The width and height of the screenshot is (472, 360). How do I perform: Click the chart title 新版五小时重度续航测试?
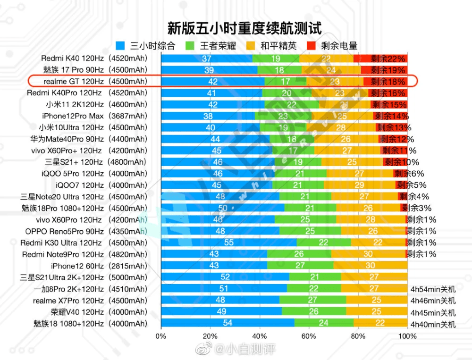pyautogui.click(x=244, y=28)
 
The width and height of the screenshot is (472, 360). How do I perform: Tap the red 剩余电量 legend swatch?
pyautogui.click(x=312, y=46)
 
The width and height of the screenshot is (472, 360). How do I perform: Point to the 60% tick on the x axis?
pyautogui.click(x=309, y=336)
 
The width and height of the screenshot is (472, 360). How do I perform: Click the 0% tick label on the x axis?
pyautogui.click(x=161, y=336)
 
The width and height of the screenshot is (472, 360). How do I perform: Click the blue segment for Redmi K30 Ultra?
pyautogui.click(x=228, y=243)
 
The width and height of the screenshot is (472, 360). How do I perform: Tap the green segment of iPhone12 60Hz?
pyautogui.click(x=300, y=266)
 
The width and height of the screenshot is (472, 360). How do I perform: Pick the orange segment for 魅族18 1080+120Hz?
pyautogui.click(x=380, y=323)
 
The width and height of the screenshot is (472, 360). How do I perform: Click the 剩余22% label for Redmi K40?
pyautogui.click(x=388, y=59)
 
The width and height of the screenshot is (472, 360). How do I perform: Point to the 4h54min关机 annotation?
pyautogui.click(x=432, y=289)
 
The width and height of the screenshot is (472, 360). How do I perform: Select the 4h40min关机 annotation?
pyautogui.click(x=432, y=324)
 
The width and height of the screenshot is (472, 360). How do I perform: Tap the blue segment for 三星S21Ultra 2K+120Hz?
pyautogui.click(x=225, y=277)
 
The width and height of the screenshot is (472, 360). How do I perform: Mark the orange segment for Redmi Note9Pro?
pyautogui.click(x=368, y=254)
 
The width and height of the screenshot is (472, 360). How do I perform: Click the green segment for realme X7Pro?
pyautogui.click(x=312, y=300)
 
